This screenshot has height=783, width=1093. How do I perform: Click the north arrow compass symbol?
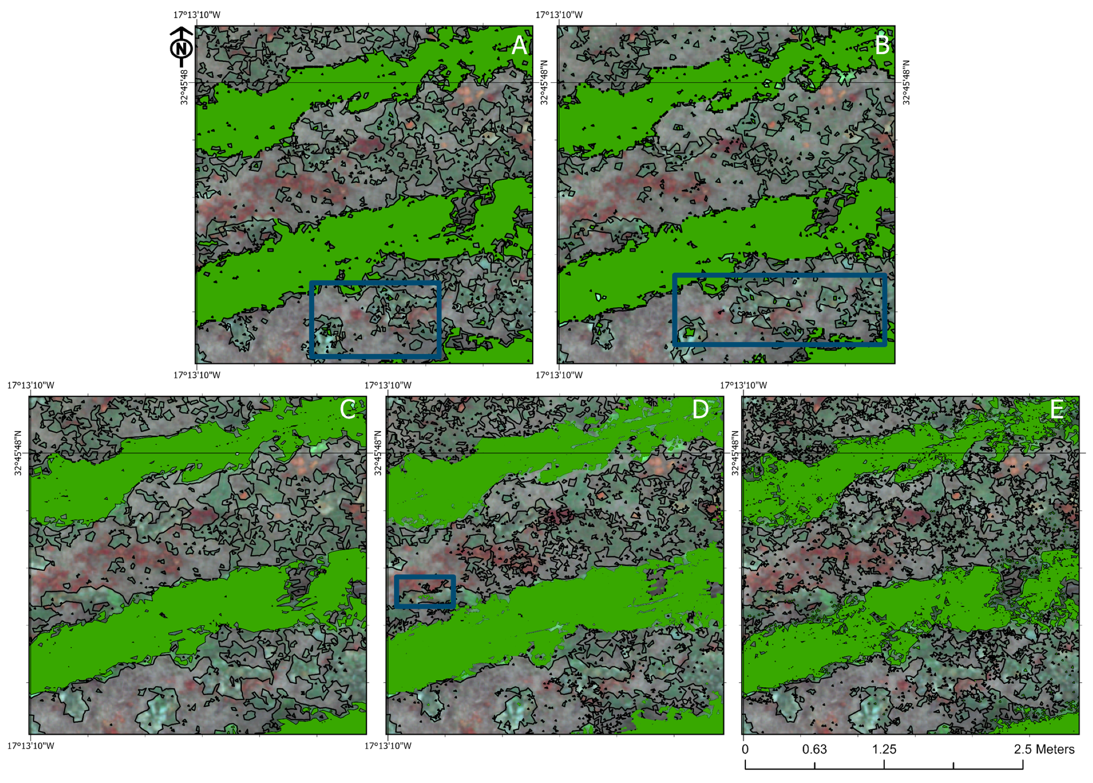tap(182, 47)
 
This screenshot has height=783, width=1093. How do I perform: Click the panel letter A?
tap(519, 46)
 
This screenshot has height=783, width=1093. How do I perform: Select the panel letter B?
tap(882, 46)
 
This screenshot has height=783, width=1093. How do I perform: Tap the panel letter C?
tap(348, 410)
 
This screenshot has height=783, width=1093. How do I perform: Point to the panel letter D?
tap(700, 410)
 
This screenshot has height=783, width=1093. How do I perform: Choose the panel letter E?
tap(1057, 410)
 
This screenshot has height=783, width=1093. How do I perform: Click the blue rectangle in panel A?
tap(375, 319)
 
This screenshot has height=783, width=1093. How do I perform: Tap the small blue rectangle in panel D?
tap(425, 591)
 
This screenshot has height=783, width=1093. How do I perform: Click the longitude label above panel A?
tap(196, 15)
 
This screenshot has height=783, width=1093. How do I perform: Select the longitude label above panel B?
tap(559, 15)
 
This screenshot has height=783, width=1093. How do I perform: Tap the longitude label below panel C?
tap(30, 746)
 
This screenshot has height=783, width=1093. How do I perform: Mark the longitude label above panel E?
tap(743, 385)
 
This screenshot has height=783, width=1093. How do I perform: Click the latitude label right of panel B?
tap(906, 82)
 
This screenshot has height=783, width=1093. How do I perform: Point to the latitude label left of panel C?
tap(19, 454)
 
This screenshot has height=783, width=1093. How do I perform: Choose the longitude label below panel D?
tap(388, 746)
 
